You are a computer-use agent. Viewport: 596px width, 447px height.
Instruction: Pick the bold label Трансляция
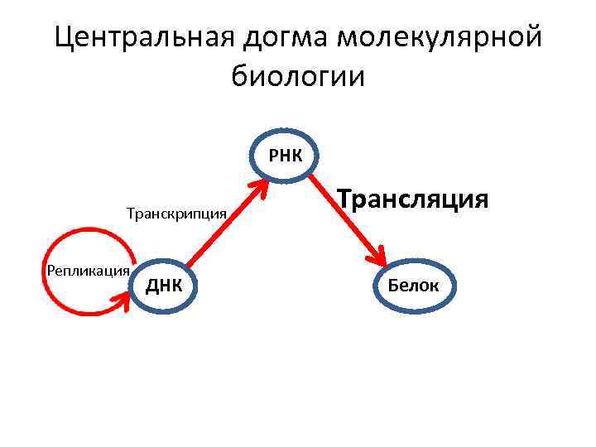pos(414,199)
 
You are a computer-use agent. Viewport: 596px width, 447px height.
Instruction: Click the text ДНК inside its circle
pos(163,286)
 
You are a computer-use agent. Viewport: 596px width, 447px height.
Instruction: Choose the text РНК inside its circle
pos(286,154)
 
